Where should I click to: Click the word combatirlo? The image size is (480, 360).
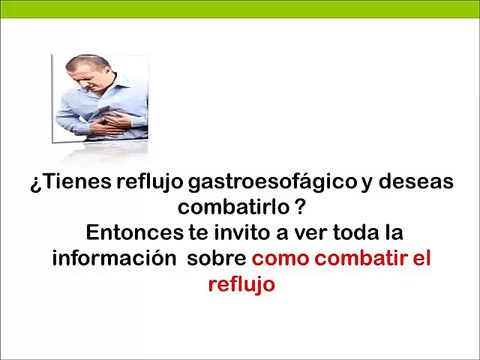[x=229, y=208]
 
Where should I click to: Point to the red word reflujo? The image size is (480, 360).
[x=240, y=283]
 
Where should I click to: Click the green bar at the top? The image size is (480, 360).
[x=240, y=6]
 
